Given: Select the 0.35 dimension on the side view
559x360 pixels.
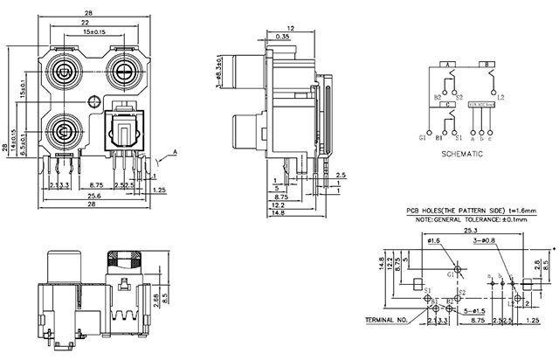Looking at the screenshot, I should click(283, 37).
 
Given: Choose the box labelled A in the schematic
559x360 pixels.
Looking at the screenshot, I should click(448, 65).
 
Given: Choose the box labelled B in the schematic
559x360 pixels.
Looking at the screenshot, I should click(486, 65).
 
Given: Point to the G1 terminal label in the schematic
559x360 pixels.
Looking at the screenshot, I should click(424, 139).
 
